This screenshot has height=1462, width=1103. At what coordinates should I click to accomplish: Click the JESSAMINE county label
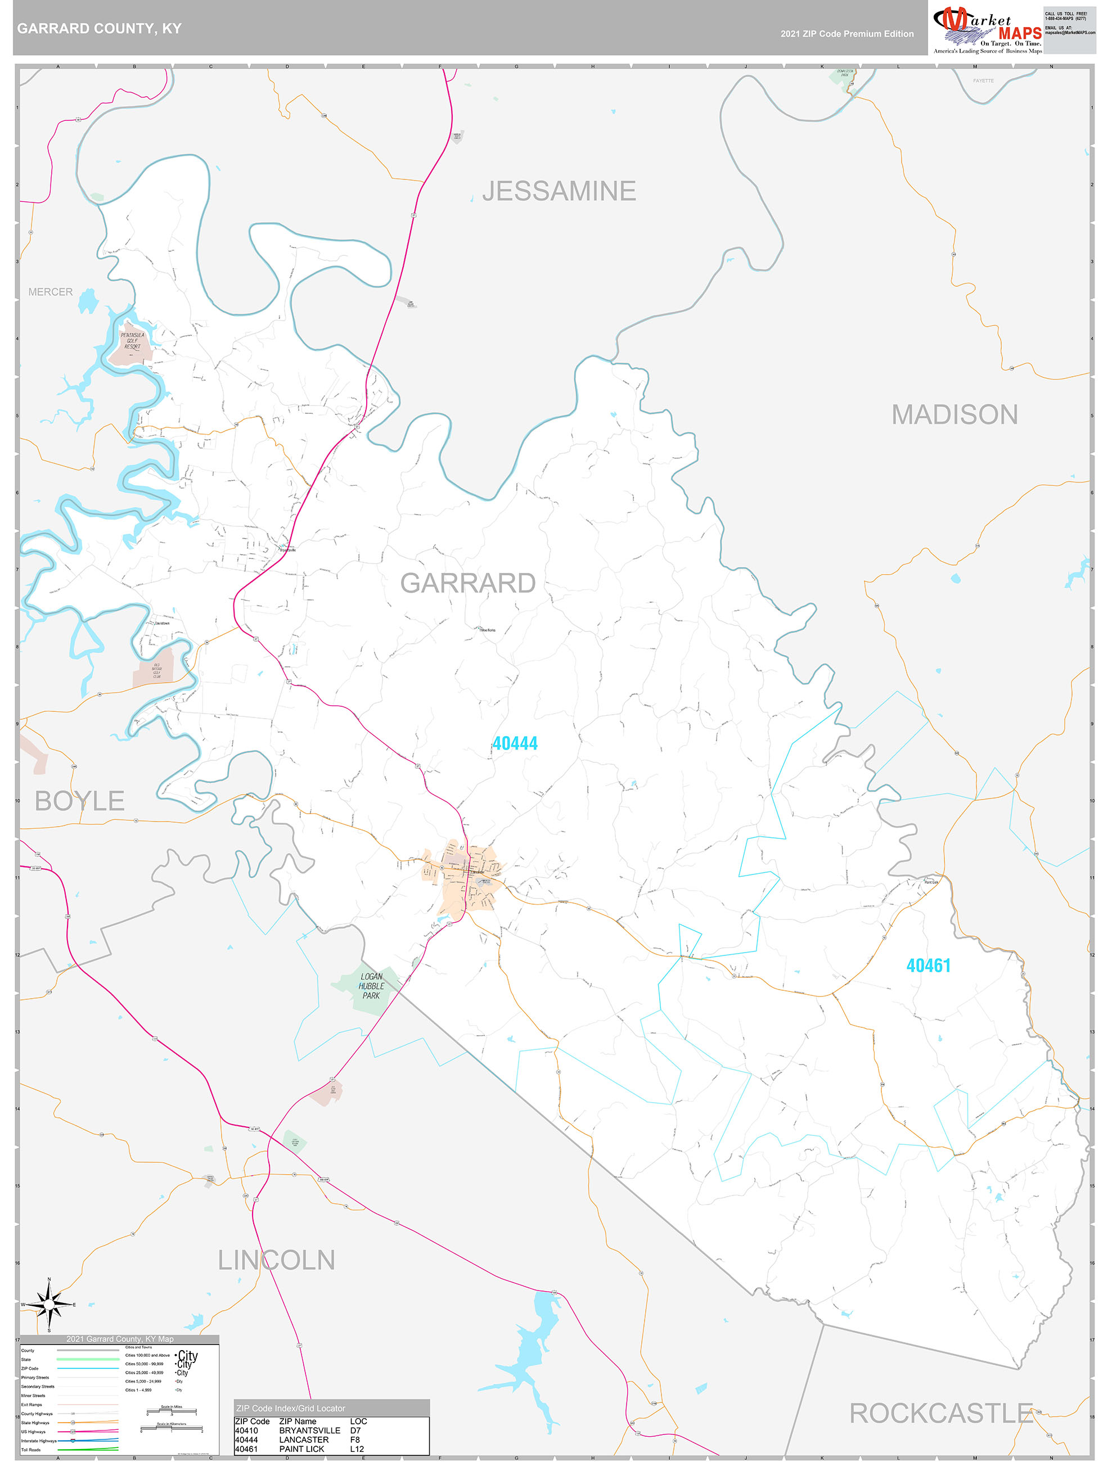[x=559, y=191]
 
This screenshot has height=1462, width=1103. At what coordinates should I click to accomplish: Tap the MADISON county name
[x=954, y=415]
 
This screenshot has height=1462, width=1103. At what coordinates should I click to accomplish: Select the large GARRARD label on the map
[x=467, y=583]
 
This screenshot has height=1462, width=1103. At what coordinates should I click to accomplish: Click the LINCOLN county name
[x=276, y=1260]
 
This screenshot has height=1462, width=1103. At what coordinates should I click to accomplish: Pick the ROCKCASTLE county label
[x=940, y=1413]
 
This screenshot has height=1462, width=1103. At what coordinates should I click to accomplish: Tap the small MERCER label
[x=50, y=291]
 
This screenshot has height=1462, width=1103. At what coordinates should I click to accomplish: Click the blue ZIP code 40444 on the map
[x=515, y=743]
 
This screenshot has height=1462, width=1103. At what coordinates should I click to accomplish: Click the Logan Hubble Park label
[x=371, y=986]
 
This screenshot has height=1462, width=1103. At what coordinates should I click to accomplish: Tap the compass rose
[x=49, y=1304]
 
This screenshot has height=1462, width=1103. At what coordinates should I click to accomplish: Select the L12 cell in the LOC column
[x=357, y=1449]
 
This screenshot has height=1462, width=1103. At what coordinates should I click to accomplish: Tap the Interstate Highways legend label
[x=38, y=1441]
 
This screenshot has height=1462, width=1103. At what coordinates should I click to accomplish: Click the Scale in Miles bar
[x=171, y=1413]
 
